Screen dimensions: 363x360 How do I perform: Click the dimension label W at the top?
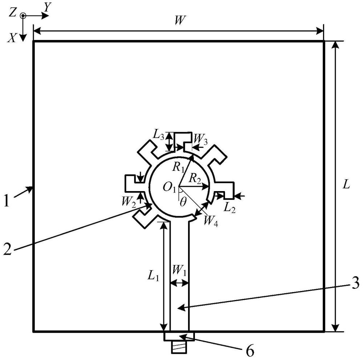[x=180, y=20]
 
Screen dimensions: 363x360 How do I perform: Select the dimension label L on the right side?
[x=346, y=185]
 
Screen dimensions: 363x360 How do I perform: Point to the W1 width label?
[x=180, y=270]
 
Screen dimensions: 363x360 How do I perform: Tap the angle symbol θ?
[x=183, y=202]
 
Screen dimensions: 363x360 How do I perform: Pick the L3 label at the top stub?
[x=159, y=137]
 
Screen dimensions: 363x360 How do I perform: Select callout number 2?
[x=7, y=249]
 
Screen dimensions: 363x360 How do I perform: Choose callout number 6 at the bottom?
[x=250, y=351]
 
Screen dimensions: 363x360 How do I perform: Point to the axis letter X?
[x=12, y=38]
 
